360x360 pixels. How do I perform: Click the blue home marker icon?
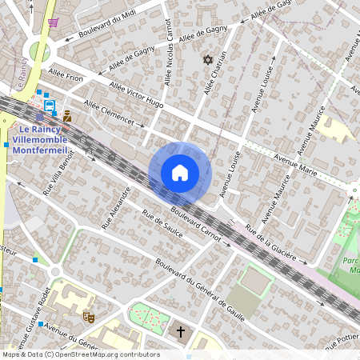click(180, 173)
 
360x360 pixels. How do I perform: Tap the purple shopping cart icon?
click(53, 23)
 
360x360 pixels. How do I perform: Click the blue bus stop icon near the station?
click(50, 105)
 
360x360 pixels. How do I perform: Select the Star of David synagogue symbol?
click(209, 60)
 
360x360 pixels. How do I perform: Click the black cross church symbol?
click(181, 330)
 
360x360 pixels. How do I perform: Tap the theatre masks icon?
click(89, 318)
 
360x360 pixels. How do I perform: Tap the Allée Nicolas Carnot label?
click(168, 52)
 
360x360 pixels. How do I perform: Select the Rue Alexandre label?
click(116, 209)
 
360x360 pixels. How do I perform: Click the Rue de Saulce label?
click(162, 224)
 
